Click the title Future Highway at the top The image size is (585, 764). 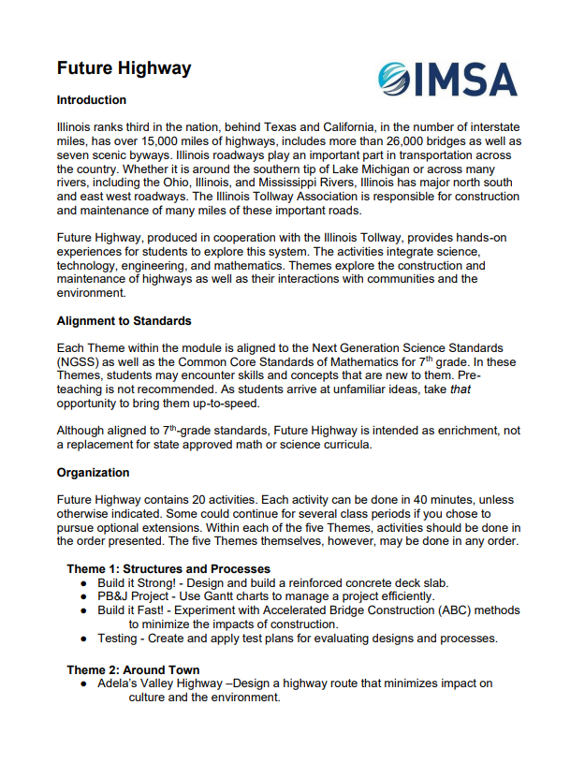(x=124, y=68)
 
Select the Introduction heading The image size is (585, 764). (x=91, y=100)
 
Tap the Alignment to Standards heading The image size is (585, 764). (x=124, y=321)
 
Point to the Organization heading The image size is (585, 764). (x=93, y=473)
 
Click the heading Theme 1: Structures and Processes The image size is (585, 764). (x=168, y=568)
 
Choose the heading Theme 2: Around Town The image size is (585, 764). (x=132, y=669)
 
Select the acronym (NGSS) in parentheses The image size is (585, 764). (x=80, y=362)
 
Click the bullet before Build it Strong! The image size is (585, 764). (x=83, y=582)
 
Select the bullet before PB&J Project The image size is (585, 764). (x=83, y=596)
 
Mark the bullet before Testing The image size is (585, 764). (x=83, y=639)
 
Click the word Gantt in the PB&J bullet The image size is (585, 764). (x=221, y=596)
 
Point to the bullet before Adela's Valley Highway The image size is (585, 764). (x=83, y=683)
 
